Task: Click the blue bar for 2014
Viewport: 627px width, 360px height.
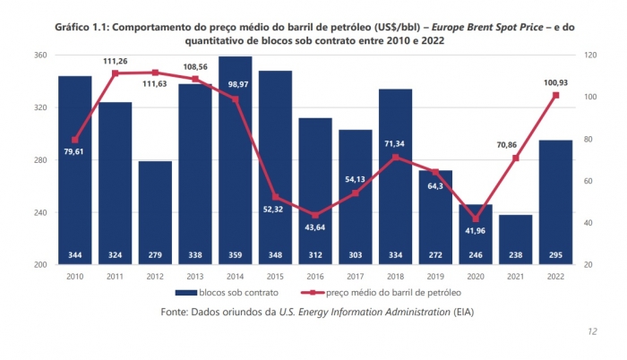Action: tap(235, 161)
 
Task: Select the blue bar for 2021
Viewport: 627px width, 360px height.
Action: tap(516, 239)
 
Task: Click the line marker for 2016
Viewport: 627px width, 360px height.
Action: tap(315, 215)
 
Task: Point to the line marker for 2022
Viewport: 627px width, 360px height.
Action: tap(556, 96)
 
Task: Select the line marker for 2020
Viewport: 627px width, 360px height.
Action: tap(476, 219)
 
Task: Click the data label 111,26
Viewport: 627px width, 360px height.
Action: tap(115, 61)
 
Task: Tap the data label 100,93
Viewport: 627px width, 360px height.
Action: tap(556, 83)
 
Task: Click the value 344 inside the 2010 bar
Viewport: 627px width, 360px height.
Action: tap(74, 255)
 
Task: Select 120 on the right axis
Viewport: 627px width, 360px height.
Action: tap(588, 56)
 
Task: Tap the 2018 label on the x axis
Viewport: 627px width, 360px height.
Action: tap(396, 277)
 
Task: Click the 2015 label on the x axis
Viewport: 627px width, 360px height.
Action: tap(275, 277)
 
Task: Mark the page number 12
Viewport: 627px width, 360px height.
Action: tap(592, 331)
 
